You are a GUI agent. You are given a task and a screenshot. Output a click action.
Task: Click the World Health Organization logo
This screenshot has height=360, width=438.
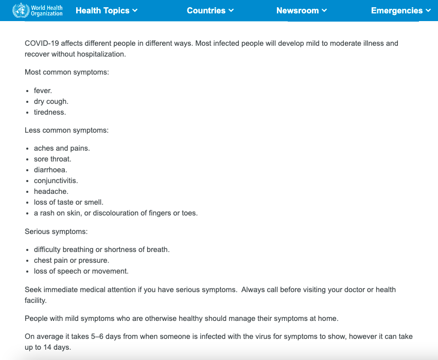pyautogui.click(x=37, y=10)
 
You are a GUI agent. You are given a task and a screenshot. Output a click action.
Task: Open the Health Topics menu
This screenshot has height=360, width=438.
pyautogui.click(x=106, y=10)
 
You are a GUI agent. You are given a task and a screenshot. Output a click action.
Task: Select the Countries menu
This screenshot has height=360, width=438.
pyautogui.click(x=210, y=10)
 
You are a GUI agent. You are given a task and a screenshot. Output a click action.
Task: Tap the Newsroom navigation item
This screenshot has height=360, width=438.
pyautogui.click(x=301, y=10)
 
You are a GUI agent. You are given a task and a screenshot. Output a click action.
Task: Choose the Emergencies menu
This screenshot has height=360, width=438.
pyautogui.click(x=400, y=10)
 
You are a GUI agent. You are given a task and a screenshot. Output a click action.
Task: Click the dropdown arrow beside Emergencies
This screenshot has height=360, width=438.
pyautogui.click(x=428, y=11)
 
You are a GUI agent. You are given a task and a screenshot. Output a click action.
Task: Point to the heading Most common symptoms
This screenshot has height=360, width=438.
pyautogui.click(x=67, y=73)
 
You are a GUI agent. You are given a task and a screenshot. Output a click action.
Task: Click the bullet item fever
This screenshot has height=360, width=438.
pyautogui.click(x=43, y=91)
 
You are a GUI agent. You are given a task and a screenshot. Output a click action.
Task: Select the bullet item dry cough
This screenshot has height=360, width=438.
pyautogui.click(x=51, y=101)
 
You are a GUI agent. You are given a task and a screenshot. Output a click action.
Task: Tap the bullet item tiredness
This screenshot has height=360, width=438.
pyautogui.click(x=50, y=112)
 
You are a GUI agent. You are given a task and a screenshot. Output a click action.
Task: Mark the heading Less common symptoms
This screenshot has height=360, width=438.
pyautogui.click(x=67, y=130)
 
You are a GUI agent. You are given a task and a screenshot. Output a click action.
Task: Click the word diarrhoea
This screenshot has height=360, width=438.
pyautogui.click(x=50, y=170)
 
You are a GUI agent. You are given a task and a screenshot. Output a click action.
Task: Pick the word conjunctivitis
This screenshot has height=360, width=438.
pyautogui.click(x=56, y=181)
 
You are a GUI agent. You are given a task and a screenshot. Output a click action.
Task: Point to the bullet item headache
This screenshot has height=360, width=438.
pyautogui.click(x=51, y=191)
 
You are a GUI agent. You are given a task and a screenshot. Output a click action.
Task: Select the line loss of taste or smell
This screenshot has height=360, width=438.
pyautogui.click(x=68, y=202)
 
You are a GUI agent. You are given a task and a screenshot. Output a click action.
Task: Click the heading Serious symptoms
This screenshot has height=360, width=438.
pyautogui.click(x=56, y=231)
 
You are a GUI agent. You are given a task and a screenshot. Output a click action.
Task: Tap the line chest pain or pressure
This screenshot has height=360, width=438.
pyautogui.click(x=72, y=260)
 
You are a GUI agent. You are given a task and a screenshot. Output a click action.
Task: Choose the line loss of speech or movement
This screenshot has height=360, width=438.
pyautogui.click(x=81, y=271)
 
